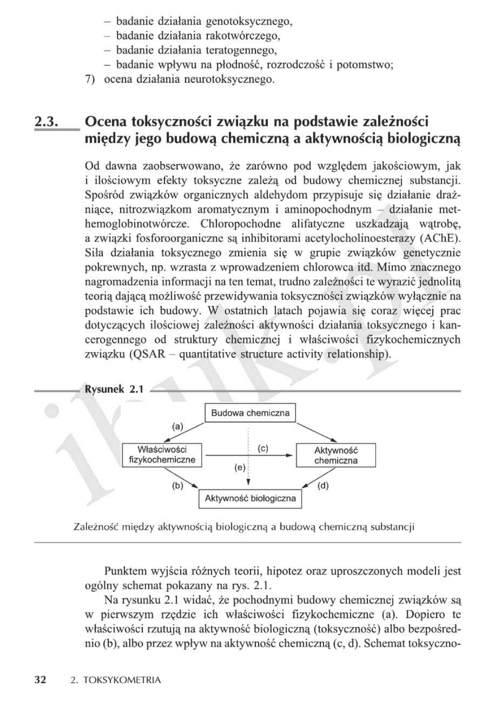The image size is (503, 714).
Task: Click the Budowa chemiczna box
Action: pos(251,413)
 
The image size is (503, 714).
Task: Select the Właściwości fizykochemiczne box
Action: pos(162,455)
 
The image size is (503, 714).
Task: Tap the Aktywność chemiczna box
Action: pos(336,455)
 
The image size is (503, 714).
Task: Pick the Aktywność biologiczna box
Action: pos(250,498)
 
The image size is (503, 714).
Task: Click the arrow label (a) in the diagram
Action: pos(178,426)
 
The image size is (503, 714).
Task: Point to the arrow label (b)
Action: pos(177,486)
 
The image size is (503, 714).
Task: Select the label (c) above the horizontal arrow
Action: pos(263,448)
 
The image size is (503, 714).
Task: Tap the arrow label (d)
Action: pos(323,486)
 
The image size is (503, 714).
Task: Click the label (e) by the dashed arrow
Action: pos(239,467)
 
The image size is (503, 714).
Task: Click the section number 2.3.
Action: pos(47,122)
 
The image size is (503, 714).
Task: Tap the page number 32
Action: pos(40,680)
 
